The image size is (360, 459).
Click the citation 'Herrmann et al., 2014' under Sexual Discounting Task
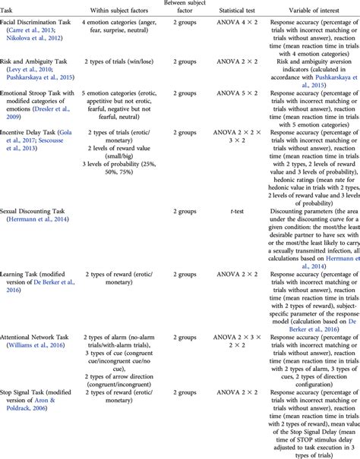40,218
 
